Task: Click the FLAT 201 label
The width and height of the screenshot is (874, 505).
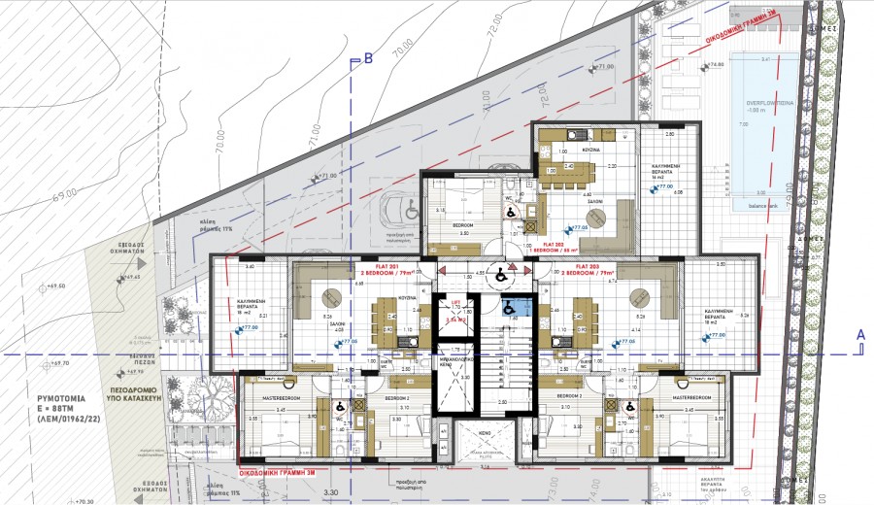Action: [x=375, y=263]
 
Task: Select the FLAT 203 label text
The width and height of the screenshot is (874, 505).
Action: [x=594, y=263]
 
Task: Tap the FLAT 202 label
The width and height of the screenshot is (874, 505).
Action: [x=555, y=244]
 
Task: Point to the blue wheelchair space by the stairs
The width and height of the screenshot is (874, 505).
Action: [x=511, y=308]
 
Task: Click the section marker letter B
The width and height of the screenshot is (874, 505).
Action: [x=368, y=59]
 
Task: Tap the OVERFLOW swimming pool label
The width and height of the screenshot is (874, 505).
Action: [x=764, y=103]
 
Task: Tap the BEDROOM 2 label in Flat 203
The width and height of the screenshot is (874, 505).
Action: [x=569, y=398]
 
